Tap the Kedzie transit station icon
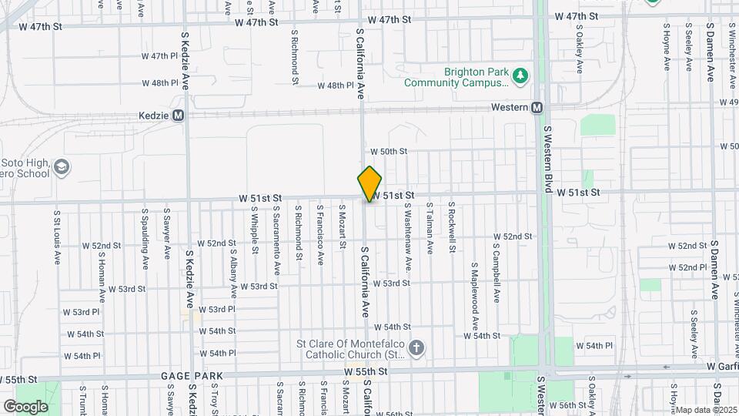178,116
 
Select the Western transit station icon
537,108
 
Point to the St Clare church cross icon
416,348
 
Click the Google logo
25,406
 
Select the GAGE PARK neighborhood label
192,376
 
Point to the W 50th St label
388,152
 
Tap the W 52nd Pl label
688,267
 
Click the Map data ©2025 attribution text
706,409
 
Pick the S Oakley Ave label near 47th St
579,52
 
